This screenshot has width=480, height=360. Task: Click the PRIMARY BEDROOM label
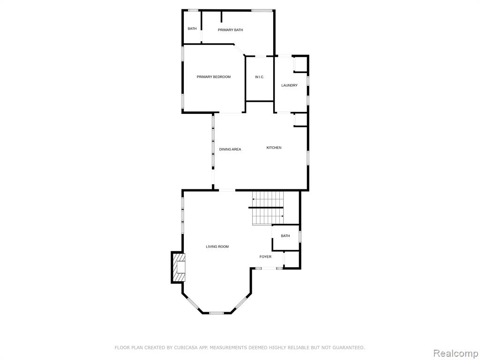(213, 77)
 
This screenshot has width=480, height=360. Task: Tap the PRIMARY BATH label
(230, 30)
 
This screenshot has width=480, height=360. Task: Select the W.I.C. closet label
(259, 77)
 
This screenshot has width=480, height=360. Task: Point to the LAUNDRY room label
(289, 85)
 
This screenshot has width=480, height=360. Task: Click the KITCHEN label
(274, 148)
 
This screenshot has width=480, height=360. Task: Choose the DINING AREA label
(230, 150)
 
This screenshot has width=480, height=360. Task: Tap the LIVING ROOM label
(217, 247)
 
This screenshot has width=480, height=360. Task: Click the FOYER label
(265, 256)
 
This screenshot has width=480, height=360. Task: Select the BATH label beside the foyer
(285, 236)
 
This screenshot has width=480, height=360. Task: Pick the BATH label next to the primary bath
(192, 29)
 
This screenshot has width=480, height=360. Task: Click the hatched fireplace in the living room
(179, 267)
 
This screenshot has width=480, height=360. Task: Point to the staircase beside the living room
(268, 208)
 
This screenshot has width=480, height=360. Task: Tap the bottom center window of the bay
(217, 313)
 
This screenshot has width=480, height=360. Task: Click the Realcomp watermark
(455, 353)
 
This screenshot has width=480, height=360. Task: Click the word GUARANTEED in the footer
(349, 347)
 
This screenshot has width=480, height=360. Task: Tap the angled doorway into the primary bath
(240, 50)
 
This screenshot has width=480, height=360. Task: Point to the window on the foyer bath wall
(300, 237)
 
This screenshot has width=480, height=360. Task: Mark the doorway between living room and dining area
(227, 190)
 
